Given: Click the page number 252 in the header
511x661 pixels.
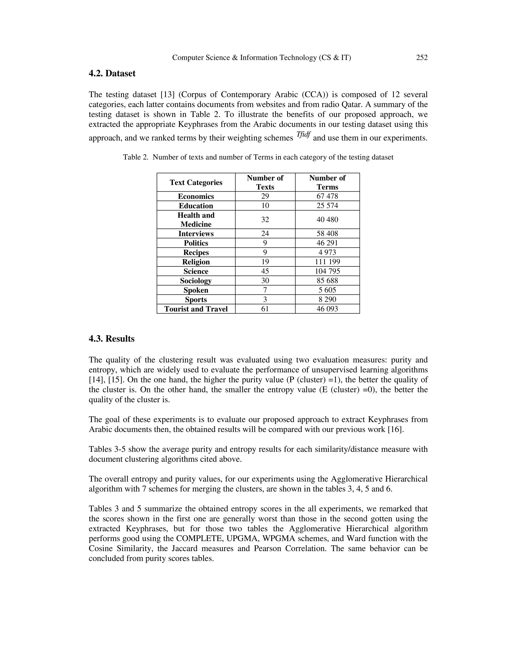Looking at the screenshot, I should (422, 58).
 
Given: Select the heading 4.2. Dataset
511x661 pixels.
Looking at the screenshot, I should (112, 74).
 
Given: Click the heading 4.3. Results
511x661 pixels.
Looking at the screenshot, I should (111, 339).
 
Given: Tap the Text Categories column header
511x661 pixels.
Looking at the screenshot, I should (196, 183).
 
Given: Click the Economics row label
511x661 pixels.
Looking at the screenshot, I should (196, 196).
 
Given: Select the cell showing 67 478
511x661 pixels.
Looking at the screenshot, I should (327, 196).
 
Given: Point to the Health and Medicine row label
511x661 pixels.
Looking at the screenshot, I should (196, 220).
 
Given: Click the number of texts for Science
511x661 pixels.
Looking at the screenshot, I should (265, 271).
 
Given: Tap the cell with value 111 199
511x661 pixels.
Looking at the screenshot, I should (327, 262).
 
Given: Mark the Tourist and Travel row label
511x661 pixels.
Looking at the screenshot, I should (196, 309).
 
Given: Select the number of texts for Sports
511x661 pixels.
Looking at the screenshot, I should (265, 300).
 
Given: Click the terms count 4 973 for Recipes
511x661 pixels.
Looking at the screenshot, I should (327, 252).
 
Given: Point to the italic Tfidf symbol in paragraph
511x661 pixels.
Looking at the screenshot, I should (303, 135).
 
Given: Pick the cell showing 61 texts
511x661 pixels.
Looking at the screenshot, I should (265, 309).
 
